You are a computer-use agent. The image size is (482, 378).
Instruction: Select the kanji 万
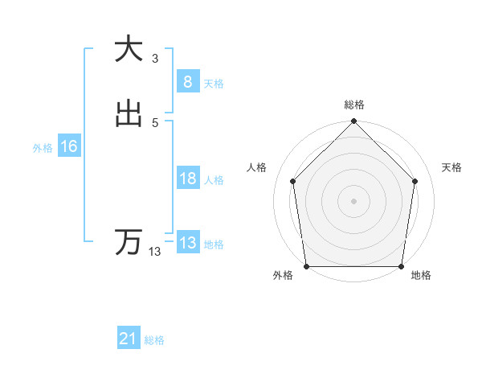129,242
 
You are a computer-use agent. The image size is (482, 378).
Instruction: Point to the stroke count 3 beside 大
155,58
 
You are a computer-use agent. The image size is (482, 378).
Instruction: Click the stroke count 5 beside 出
155,122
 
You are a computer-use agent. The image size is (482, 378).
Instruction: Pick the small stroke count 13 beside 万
155,252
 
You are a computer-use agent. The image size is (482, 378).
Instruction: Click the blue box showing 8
187,81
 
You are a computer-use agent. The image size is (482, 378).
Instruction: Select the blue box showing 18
187,179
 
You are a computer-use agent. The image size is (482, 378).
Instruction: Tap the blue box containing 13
187,243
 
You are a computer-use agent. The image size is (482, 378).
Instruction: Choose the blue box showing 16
69,146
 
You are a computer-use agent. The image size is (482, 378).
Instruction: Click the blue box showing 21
129,339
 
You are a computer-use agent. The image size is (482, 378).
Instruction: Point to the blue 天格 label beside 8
214,84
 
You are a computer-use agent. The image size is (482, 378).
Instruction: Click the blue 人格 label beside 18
214,180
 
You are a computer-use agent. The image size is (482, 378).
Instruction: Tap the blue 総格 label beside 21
154,340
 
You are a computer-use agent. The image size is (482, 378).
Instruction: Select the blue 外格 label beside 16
43,148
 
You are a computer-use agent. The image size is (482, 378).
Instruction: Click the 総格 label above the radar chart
354,105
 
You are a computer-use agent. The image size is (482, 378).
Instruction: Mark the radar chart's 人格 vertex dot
292,181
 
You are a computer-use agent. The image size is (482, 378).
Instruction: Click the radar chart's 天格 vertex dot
415,181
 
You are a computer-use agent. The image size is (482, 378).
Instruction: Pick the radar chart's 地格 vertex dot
401,266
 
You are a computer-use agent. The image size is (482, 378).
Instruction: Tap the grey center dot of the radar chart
353,200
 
